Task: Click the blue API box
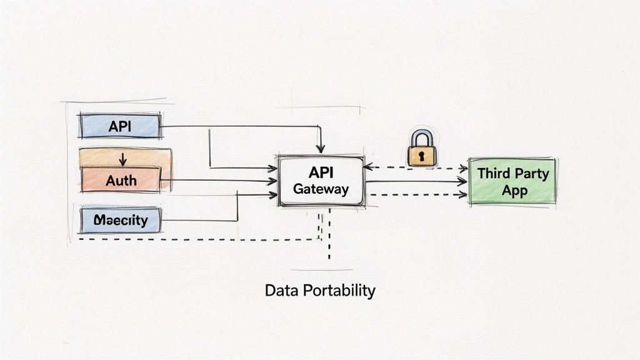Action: click(x=119, y=126)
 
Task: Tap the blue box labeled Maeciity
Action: click(x=121, y=221)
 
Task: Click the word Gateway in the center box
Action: click(x=321, y=189)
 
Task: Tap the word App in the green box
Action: click(x=514, y=190)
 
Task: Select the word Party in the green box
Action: click(x=530, y=173)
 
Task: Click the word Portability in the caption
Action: click(x=338, y=291)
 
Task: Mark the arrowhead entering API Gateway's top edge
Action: click(x=320, y=149)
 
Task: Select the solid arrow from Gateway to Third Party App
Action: click(x=416, y=182)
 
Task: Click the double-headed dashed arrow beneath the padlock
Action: click(x=416, y=167)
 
